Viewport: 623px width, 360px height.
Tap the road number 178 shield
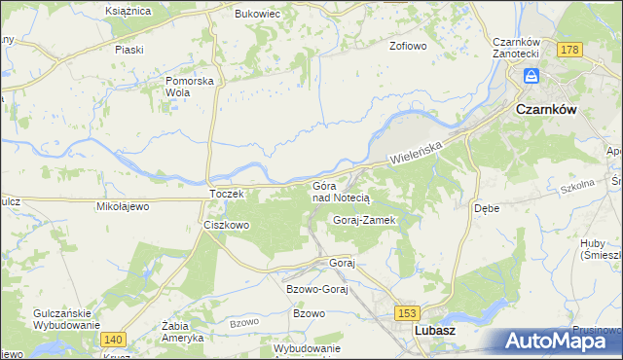pyautogui.click(x=570, y=49)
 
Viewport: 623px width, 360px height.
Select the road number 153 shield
pyautogui.click(x=407, y=311)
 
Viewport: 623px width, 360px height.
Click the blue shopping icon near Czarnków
pyautogui.click(x=531, y=76)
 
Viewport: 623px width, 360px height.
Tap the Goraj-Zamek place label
pyautogui.click(x=363, y=220)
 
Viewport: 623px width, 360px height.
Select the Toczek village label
pyautogui.click(x=232, y=194)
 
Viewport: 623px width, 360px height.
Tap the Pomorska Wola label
pyautogui.click(x=190, y=87)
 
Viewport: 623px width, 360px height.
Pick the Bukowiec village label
pyautogui.click(x=258, y=15)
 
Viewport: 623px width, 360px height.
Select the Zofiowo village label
pyautogui.click(x=409, y=46)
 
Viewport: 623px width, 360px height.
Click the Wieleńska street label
pyautogui.click(x=417, y=151)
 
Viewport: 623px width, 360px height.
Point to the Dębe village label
pyautogui.click(x=487, y=208)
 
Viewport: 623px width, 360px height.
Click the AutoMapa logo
pyautogui.click(x=562, y=342)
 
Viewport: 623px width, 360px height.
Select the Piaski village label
pyautogui.click(x=128, y=49)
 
